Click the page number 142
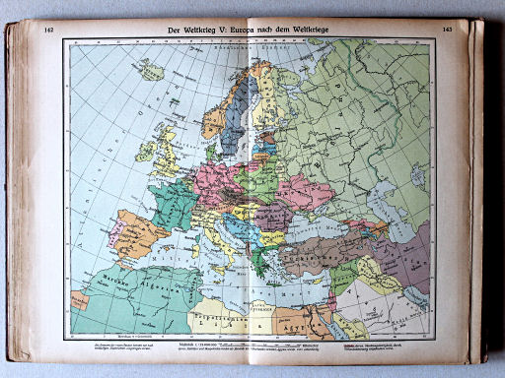[48, 31]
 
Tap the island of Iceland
[151, 70]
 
